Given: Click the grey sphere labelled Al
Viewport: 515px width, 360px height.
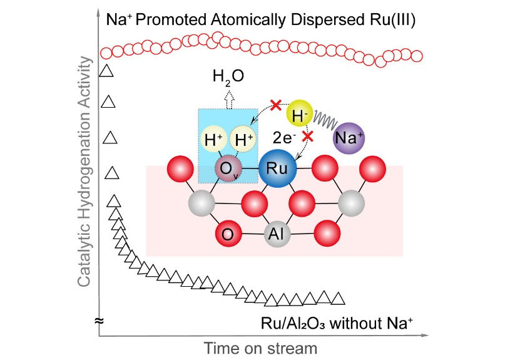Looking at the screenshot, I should (x=278, y=234).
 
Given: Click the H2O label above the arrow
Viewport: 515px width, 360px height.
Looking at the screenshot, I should (x=228, y=77).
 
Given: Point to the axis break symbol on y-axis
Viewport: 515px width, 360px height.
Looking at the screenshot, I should (x=98, y=321).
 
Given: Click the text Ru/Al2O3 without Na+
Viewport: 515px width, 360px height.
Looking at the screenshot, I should (x=337, y=324).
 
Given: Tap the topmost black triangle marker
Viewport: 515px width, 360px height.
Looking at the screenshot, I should (x=106, y=70).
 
